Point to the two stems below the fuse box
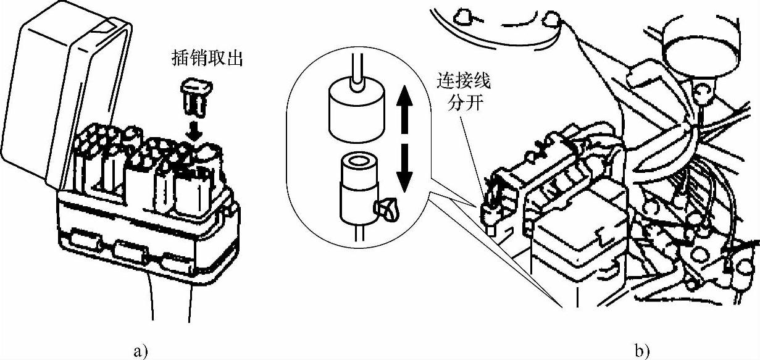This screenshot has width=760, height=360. pos(170,303)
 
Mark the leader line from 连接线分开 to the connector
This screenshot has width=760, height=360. pos(473,148)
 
